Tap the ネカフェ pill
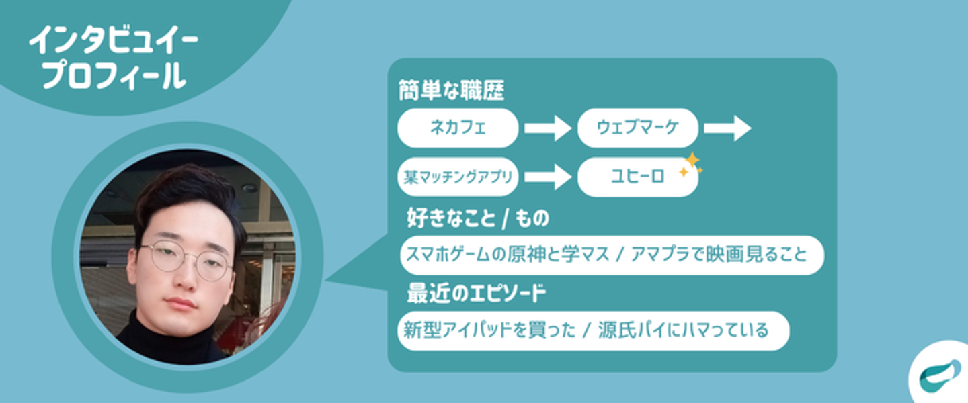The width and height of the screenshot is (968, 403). (x=458, y=128)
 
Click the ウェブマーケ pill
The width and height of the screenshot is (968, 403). (x=637, y=128)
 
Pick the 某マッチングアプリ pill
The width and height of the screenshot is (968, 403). (x=458, y=177)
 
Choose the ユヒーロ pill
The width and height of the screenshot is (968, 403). (x=637, y=177)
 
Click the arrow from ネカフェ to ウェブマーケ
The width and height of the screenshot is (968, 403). (x=547, y=128)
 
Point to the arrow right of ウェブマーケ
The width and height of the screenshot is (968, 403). (x=727, y=128)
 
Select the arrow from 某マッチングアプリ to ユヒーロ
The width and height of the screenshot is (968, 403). (x=547, y=177)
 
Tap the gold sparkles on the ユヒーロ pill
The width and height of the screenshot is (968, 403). (x=690, y=165)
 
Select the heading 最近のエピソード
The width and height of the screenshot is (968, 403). (x=476, y=294)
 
